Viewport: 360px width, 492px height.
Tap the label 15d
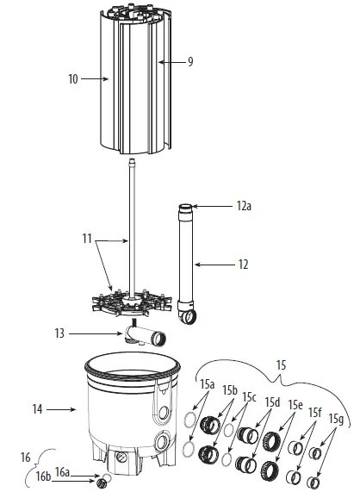click(x=273, y=402)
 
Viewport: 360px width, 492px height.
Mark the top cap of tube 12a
click(x=185, y=207)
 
